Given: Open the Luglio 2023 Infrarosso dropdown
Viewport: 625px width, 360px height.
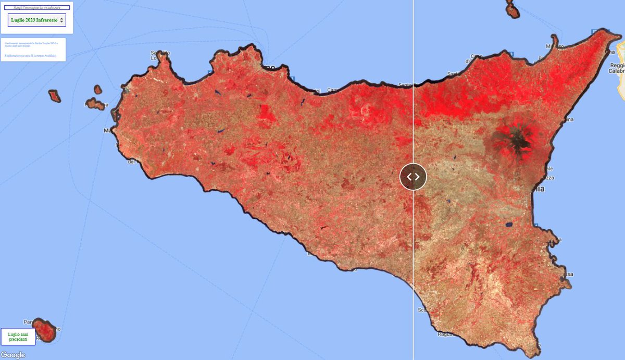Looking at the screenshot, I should pyautogui.click(x=34, y=20).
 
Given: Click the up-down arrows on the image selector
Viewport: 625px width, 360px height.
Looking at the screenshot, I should pyautogui.click(x=62, y=20).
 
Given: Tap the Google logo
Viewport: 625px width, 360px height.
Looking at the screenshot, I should pyautogui.click(x=13, y=355).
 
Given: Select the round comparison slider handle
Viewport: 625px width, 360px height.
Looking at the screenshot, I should pyautogui.click(x=413, y=177).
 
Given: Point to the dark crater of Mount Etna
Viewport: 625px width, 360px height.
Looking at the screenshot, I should pyautogui.click(x=519, y=138).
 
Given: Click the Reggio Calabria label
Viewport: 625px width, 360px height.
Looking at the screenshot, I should pyautogui.click(x=618, y=68).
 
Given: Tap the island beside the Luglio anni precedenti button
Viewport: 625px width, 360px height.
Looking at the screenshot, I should pyautogui.click(x=46, y=331).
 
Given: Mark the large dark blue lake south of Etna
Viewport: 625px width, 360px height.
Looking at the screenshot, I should pyautogui.click(x=508, y=225).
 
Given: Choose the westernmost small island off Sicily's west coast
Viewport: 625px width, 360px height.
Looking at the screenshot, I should pyautogui.click(x=54, y=96).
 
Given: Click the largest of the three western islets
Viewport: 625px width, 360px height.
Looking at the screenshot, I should pyautogui.click(x=95, y=104).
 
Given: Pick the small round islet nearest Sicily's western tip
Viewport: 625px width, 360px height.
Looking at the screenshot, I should pyautogui.click(x=98, y=90).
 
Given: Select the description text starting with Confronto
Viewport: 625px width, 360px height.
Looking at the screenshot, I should pyautogui.click(x=32, y=44).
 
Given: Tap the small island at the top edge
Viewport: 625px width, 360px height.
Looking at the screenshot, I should pyautogui.click(x=512, y=9).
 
